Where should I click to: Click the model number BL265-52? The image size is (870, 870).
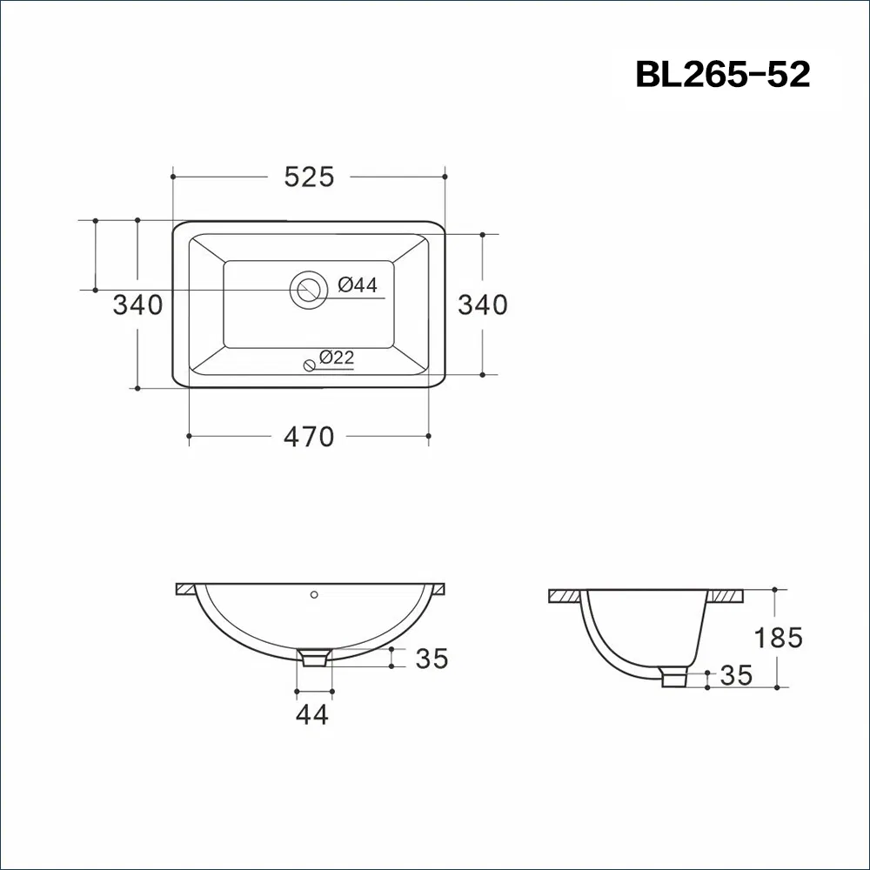(722, 74)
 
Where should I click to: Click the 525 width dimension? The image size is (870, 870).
(309, 177)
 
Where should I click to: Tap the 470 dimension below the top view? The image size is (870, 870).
(309, 437)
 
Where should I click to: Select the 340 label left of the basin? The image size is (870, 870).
(137, 304)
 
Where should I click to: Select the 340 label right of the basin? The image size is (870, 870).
(483, 304)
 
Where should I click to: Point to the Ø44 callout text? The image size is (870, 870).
(358, 284)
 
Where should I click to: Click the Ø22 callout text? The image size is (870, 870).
(337, 357)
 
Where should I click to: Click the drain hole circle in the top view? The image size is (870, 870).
(309, 290)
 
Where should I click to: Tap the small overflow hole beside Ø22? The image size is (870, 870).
(309, 365)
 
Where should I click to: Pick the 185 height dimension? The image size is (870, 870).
(778, 638)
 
